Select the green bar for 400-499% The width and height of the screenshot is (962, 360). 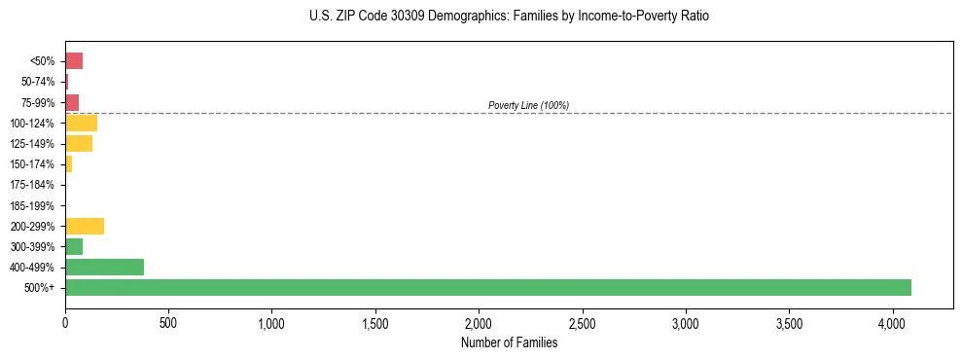tap(104, 267)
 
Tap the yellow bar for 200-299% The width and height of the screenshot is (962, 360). tap(85, 226)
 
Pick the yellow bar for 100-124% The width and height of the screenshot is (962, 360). tap(81, 123)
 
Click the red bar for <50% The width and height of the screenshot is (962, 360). tap(74, 61)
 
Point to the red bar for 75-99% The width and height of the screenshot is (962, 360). tap(72, 102)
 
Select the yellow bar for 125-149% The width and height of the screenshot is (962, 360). tap(79, 143)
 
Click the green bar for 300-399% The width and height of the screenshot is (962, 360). tap(74, 246)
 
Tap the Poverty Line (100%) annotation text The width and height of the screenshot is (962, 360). tap(528, 105)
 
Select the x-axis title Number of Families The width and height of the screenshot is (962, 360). tap(509, 342)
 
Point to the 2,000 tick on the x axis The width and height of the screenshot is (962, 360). tap(479, 322)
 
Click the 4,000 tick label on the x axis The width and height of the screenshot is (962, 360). tap(893, 322)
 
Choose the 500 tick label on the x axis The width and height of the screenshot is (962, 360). tap(168, 322)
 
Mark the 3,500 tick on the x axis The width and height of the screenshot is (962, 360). tap(790, 322)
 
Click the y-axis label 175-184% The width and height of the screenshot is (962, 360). tap(32, 185)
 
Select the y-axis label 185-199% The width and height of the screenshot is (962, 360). tap(32, 205)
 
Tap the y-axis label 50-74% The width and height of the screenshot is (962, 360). tap(36, 82)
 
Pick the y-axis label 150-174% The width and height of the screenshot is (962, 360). tap(32, 164)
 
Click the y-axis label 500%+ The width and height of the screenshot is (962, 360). tap(40, 288)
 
